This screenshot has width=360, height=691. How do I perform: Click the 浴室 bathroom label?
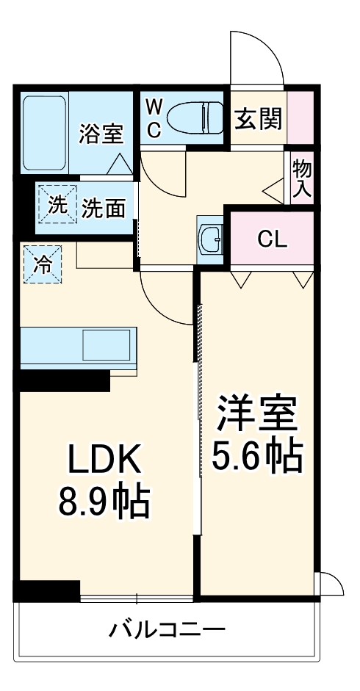(101, 134)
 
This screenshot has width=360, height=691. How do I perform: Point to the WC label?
(154, 118)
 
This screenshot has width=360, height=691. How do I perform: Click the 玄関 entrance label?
(258, 118)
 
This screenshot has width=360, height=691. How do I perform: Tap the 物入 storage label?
(302, 178)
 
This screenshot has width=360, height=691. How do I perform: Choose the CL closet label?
(272, 239)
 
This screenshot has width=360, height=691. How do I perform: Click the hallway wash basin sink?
(210, 236)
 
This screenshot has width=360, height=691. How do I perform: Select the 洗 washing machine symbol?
(57, 207)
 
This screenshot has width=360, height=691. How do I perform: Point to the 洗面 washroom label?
(102, 209)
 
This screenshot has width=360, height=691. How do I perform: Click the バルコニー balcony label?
(168, 629)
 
